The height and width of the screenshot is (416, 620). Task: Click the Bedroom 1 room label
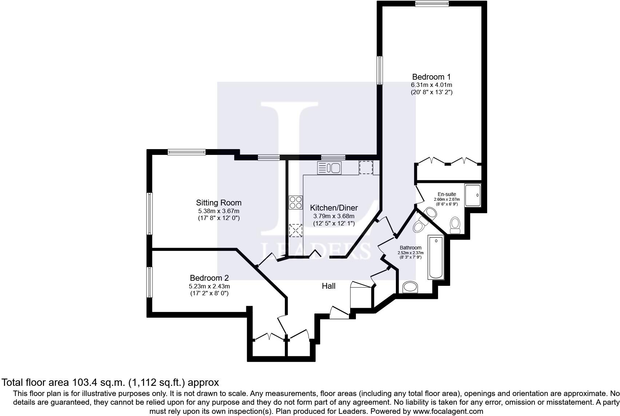tap(431, 77)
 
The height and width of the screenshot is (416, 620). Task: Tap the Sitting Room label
tap(219, 203)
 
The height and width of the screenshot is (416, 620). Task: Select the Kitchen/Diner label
tap(334, 208)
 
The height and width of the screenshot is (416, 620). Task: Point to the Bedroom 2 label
tap(209, 278)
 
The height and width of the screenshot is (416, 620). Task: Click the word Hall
tap(329, 286)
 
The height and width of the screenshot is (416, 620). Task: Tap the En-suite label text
tap(446, 194)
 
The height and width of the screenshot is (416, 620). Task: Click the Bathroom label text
tap(410, 248)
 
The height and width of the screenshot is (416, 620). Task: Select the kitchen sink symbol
tap(329, 168)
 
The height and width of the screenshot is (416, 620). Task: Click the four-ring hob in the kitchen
tap(295, 203)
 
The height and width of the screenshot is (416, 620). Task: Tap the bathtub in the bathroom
tap(436, 257)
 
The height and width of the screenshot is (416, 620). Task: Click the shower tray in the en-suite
tap(473, 196)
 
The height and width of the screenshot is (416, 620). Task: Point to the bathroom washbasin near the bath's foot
tap(411, 287)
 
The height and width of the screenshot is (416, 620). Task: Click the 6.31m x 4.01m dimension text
tap(431, 85)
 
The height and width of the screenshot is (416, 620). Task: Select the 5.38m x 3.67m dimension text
tap(219, 211)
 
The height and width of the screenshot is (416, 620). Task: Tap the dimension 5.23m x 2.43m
tap(209, 286)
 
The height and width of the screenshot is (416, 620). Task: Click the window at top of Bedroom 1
tap(432, 4)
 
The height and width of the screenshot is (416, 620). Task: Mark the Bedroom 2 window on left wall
tap(149, 282)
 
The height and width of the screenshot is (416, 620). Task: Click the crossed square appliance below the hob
tap(295, 231)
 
